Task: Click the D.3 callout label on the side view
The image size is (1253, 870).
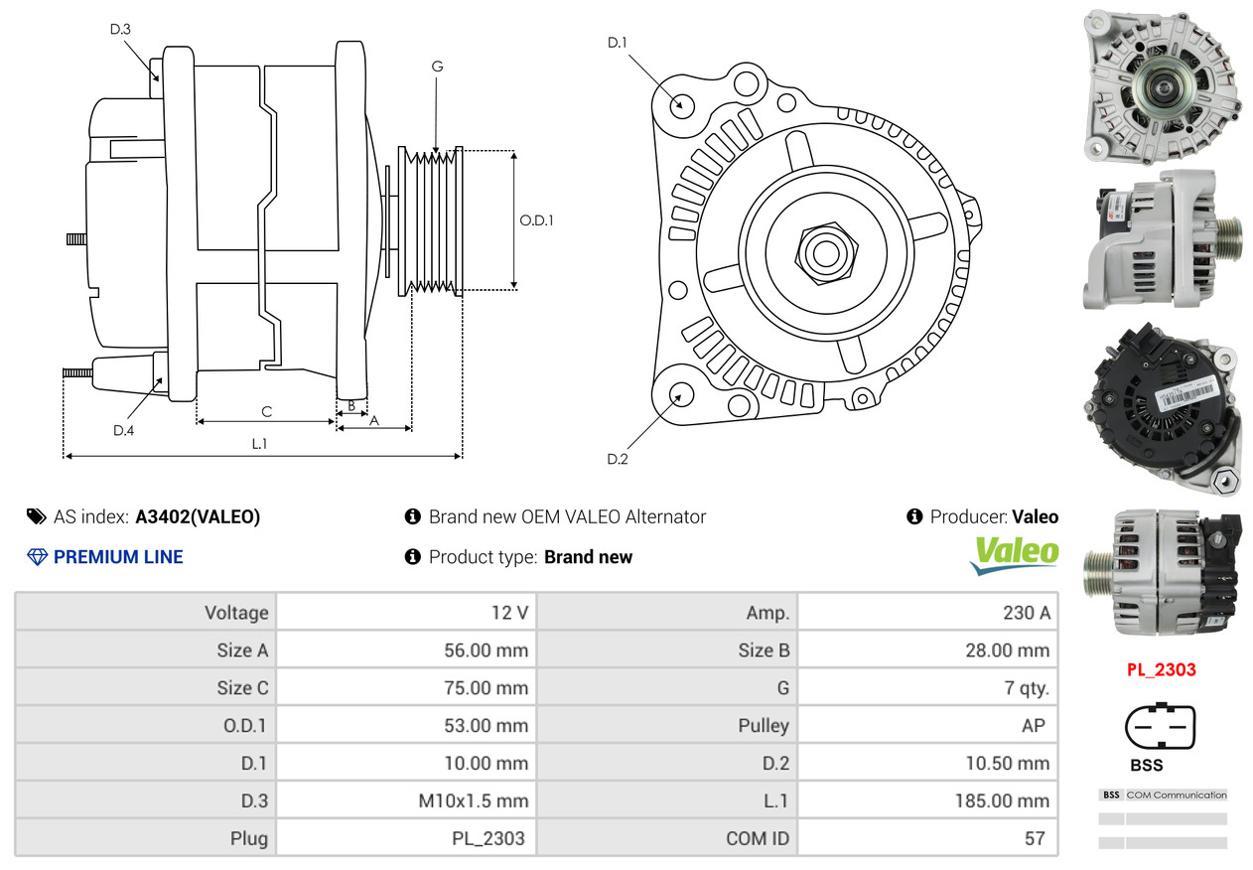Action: pos(120,29)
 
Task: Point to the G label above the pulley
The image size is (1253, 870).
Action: pos(437,67)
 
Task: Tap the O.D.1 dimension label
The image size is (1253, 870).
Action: pos(536,220)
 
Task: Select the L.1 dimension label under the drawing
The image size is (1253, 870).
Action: pos(259,444)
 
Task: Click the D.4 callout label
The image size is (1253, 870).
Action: pos(123,430)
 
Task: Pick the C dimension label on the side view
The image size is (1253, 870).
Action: pos(267,412)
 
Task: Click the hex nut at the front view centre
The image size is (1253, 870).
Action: pos(826,253)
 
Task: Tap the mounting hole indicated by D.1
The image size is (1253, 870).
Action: pos(682,105)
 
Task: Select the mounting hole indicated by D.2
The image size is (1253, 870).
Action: pos(681,394)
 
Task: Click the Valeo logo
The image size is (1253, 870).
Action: pos(1014,555)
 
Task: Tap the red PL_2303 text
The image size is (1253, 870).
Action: pos(1162,669)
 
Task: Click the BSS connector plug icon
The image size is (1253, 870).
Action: pos(1160,726)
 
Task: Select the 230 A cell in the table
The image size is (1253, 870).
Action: pos(928,613)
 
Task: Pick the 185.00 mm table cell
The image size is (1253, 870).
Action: pos(928,800)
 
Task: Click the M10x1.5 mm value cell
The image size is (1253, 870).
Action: pos(406,800)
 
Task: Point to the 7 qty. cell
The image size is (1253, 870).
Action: pos(928,687)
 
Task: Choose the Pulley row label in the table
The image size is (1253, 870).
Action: pos(764,725)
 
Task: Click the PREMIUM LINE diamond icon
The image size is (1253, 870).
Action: pos(37,557)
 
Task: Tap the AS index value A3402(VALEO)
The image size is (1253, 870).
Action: pos(198,516)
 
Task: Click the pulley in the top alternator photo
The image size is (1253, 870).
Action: pos(1165,86)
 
